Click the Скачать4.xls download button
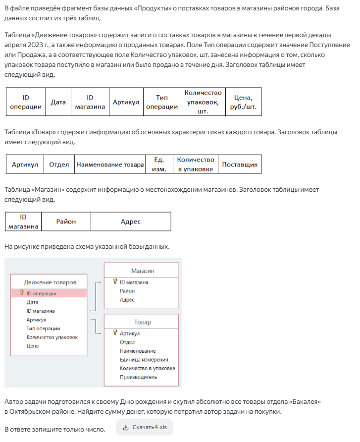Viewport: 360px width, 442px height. tap(145, 427)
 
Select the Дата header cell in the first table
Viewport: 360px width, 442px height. tap(58, 102)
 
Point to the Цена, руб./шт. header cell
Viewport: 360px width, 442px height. tap(243, 102)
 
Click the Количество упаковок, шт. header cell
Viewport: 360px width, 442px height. tap(203, 102)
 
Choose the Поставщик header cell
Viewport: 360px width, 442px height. tap(240, 165)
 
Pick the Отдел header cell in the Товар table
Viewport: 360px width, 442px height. tap(59, 165)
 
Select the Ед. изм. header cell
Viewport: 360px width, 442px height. tap(159, 165)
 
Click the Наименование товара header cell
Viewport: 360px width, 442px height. tap(109, 165)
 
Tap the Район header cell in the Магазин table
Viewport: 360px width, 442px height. tap(66, 221)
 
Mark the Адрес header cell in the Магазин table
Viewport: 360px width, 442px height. tap(131, 221)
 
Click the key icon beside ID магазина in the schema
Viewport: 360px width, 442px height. tap(115, 281)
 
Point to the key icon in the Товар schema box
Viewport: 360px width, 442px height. tap(115, 333)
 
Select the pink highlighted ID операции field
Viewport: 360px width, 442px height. tap(42, 293)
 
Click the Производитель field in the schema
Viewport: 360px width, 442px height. tap(139, 377)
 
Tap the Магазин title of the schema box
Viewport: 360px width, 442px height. tap(143, 271)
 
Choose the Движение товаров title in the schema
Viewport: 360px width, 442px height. tap(50, 282)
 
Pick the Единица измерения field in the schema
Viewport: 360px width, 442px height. tap(144, 360)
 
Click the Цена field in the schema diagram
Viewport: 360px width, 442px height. tap(33, 346)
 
